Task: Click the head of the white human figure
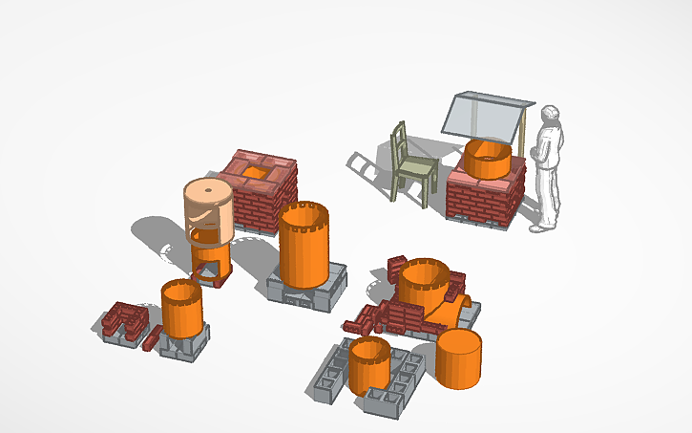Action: point(551,116)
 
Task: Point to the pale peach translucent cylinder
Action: point(209,208)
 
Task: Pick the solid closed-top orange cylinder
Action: point(459,359)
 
